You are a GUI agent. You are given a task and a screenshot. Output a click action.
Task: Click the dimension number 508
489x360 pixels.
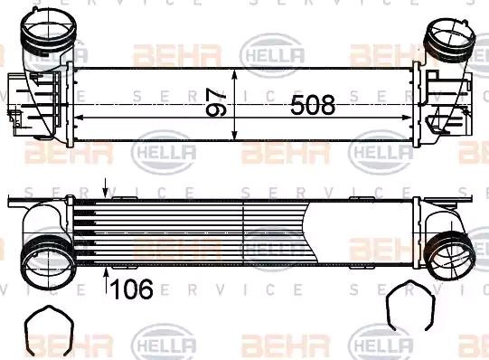[x=313, y=105]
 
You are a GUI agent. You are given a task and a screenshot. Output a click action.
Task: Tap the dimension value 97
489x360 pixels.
[x=216, y=102]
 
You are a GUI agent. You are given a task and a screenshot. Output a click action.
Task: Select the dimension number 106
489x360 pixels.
[x=132, y=289]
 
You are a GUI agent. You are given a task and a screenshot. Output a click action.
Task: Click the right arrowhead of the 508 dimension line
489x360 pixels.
[x=407, y=118]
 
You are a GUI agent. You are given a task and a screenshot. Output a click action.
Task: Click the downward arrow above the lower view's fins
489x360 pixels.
[x=106, y=188]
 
